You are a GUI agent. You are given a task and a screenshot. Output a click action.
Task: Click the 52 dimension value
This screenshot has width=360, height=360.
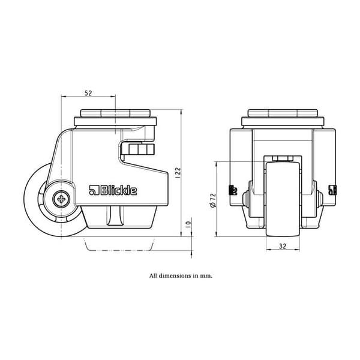click(88, 93)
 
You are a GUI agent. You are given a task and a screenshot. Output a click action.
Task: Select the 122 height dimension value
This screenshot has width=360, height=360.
click(178, 173)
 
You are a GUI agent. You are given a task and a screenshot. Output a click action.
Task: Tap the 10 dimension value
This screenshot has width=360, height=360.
click(188, 224)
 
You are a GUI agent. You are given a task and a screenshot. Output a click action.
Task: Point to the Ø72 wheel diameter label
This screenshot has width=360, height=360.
click(213, 200)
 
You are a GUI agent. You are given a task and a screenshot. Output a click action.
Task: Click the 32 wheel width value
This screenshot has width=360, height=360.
click(283, 246)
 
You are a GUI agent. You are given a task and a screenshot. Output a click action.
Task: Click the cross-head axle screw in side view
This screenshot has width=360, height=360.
click(61, 199)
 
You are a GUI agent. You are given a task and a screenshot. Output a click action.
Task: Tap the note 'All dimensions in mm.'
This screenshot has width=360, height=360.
click(181, 275)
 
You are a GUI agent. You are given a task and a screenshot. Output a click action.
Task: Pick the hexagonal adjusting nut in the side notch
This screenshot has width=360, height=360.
click(138, 149)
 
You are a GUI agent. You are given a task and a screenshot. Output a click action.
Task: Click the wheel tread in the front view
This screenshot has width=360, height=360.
click(283, 199)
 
